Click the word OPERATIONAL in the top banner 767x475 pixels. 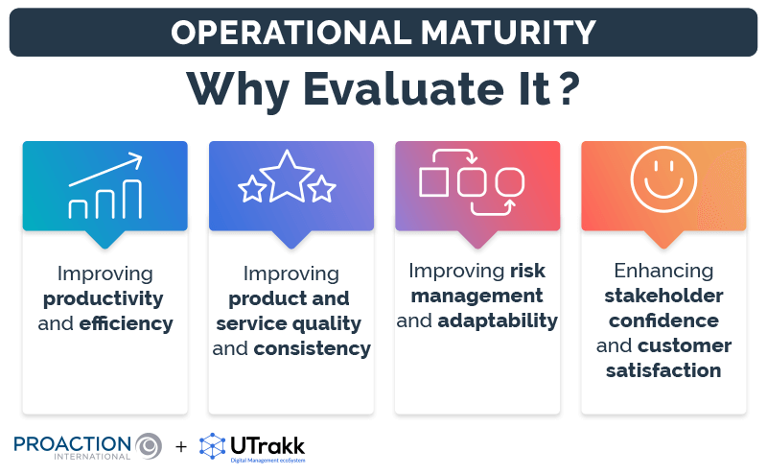tap(288, 33)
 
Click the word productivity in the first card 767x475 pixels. tap(103, 298)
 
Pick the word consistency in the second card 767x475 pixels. tap(312, 348)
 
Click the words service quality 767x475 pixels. tap(289, 323)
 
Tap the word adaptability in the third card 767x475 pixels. tap(498, 321)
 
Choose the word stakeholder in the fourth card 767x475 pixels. tap(663, 296)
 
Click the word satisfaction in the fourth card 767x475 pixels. tap(663, 370)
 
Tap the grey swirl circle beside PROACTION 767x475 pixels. tap(149, 445)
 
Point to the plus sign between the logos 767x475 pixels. tap(181, 446)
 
